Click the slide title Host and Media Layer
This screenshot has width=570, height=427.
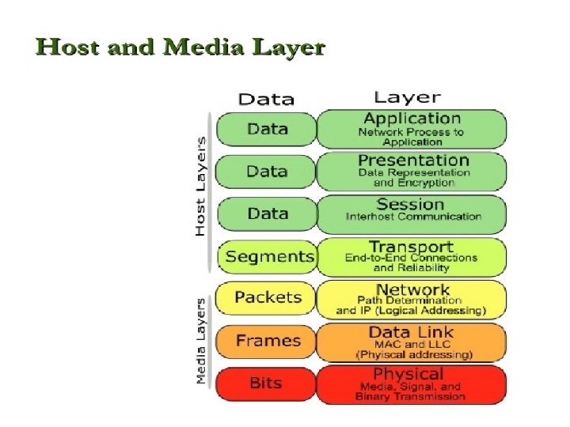coord(180,47)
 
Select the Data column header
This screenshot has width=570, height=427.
coord(266,100)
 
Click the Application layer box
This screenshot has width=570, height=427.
coord(411,129)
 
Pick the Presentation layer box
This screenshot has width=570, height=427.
coord(411,171)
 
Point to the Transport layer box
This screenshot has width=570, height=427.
coord(411,256)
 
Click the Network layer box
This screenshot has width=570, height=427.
coord(411,299)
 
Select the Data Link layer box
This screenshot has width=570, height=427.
coord(411,342)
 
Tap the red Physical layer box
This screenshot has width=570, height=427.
coord(411,384)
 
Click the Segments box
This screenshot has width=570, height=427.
coord(268,257)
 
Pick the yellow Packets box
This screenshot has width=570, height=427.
coord(267,298)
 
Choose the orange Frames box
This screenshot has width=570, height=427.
coord(267,342)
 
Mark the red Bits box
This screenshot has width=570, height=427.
coord(266,384)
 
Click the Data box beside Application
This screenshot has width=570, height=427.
coord(267,129)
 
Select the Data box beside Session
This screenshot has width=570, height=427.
coord(267,213)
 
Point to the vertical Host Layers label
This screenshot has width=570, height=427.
coord(200,187)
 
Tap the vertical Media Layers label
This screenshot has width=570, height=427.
coord(200,341)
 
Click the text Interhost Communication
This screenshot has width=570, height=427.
coord(413,217)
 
